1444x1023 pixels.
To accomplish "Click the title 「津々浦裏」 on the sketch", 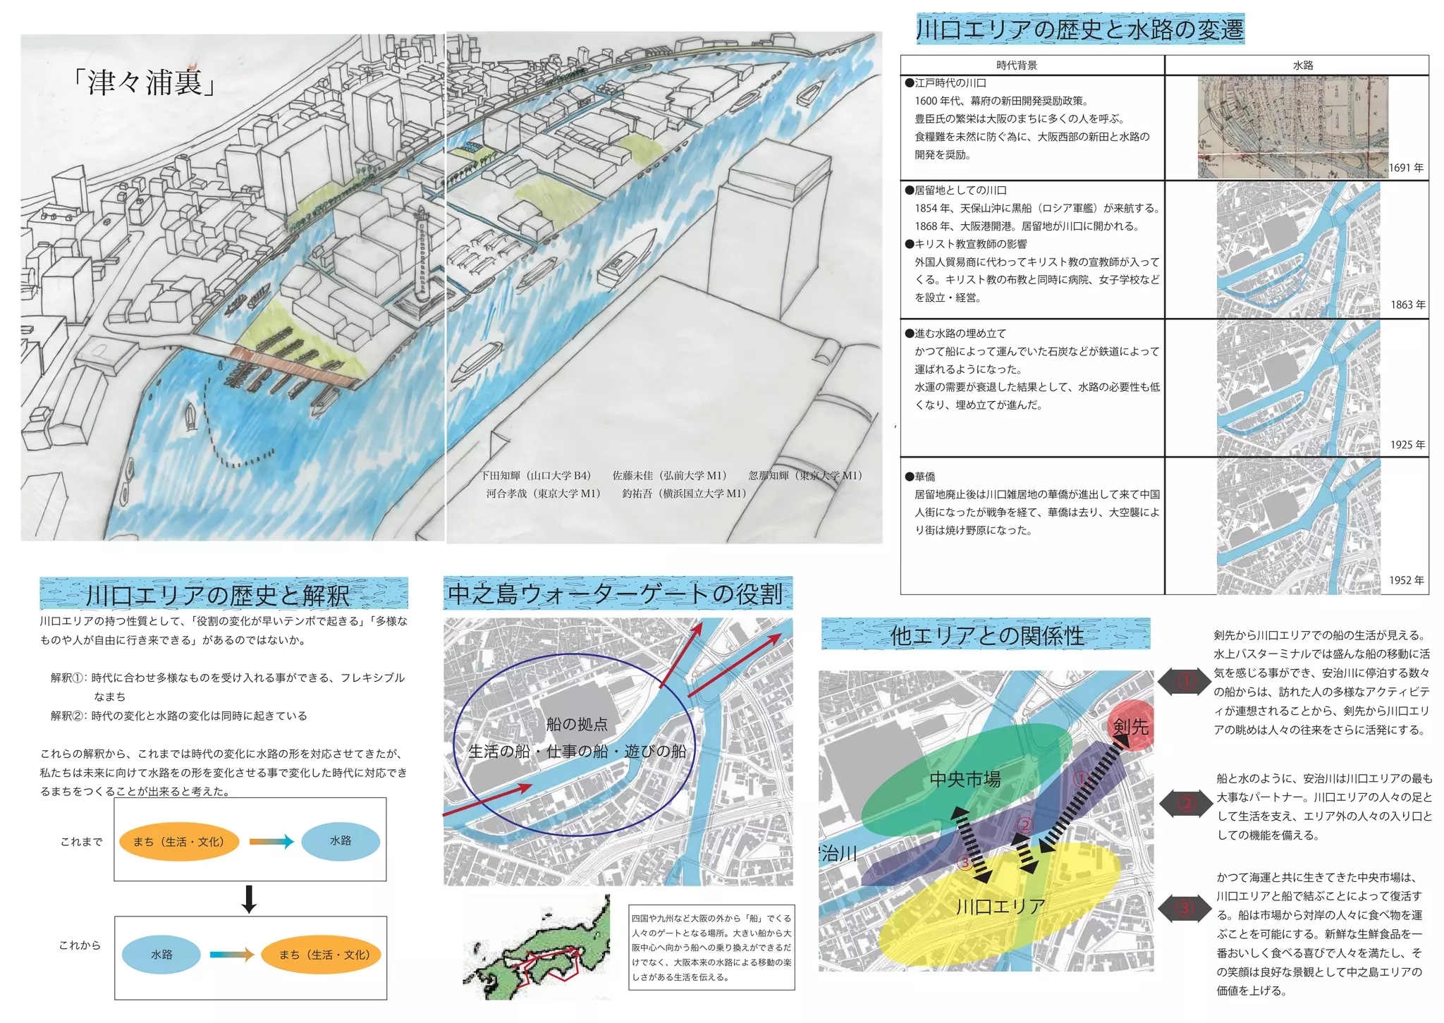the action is pyautogui.click(x=145, y=83).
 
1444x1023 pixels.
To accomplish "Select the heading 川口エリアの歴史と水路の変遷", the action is pyautogui.click(x=1079, y=30).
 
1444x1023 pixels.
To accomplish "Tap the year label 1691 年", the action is pyautogui.click(x=1406, y=168).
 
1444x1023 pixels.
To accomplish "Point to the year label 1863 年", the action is pyautogui.click(x=1407, y=305).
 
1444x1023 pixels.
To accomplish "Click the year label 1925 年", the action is pyautogui.click(x=1407, y=445).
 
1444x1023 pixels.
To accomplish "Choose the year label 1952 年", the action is pyautogui.click(x=1407, y=580).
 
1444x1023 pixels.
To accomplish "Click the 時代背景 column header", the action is pyautogui.click(x=1017, y=65).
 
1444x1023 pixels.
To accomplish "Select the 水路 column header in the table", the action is pyautogui.click(x=1302, y=65).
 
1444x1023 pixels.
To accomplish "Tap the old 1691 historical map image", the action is pyautogui.click(x=1292, y=127).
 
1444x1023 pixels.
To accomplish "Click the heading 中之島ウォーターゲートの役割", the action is pyautogui.click(x=616, y=594).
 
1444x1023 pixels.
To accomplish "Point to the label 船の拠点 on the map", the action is pyautogui.click(x=577, y=724).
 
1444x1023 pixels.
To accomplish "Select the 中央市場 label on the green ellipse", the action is pyautogui.click(x=965, y=779).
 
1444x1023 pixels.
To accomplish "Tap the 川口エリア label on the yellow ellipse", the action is pyautogui.click(x=1001, y=907).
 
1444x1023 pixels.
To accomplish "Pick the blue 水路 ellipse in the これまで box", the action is pyautogui.click(x=341, y=841).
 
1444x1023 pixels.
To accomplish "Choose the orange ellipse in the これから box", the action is pyautogui.click(x=323, y=955).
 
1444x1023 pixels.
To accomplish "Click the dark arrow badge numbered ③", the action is pyautogui.click(x=1185, y=909).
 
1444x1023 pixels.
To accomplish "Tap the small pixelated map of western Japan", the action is pyautogui.click(x=537, y=948).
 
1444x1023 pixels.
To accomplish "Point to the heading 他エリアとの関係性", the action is pyautogui.click(x=986, y=635).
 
